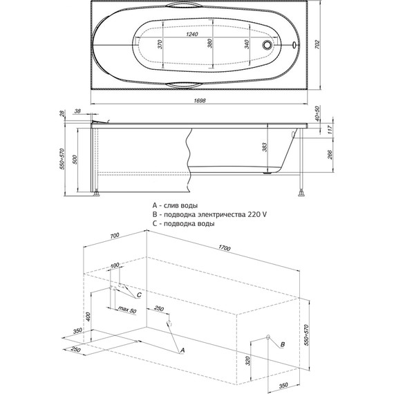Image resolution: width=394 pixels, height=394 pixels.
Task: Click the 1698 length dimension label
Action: pos(200,100)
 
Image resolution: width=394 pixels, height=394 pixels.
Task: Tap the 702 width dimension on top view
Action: pos(317,44)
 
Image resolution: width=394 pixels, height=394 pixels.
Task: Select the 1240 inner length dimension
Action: pos(192,34)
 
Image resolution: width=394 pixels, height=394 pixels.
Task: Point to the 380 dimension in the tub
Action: pos(210,43)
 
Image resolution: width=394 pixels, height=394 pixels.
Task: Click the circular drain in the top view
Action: pos(267,45)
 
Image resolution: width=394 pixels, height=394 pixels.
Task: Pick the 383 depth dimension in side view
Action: pos(265,147)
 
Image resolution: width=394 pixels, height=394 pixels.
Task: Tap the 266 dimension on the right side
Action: pos(330,155)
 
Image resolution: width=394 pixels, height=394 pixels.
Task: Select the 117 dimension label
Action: pos(330,130)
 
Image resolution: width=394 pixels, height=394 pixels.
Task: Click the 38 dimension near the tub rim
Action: pos(77,111)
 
